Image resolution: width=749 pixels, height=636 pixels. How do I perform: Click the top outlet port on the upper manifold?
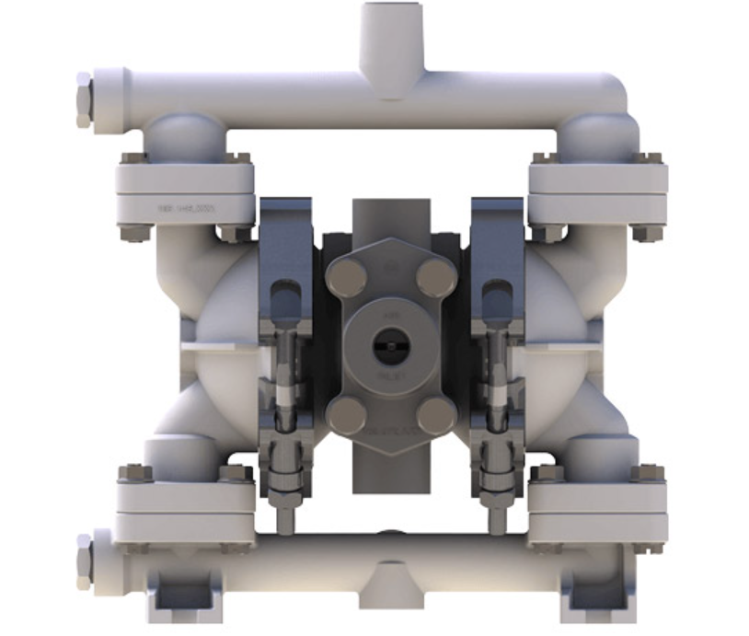(x=386, y=23)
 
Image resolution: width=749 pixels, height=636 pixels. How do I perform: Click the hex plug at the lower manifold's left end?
(x=84, y=561)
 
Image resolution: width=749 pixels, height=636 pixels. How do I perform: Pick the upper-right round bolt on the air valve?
(x=431, y=275)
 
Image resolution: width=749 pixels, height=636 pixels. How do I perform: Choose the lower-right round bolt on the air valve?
(x=432, y=415)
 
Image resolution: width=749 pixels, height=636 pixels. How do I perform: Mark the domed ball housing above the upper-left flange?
(x=189, y=135)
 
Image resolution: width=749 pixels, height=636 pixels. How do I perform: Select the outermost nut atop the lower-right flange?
(x=650, y=473)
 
